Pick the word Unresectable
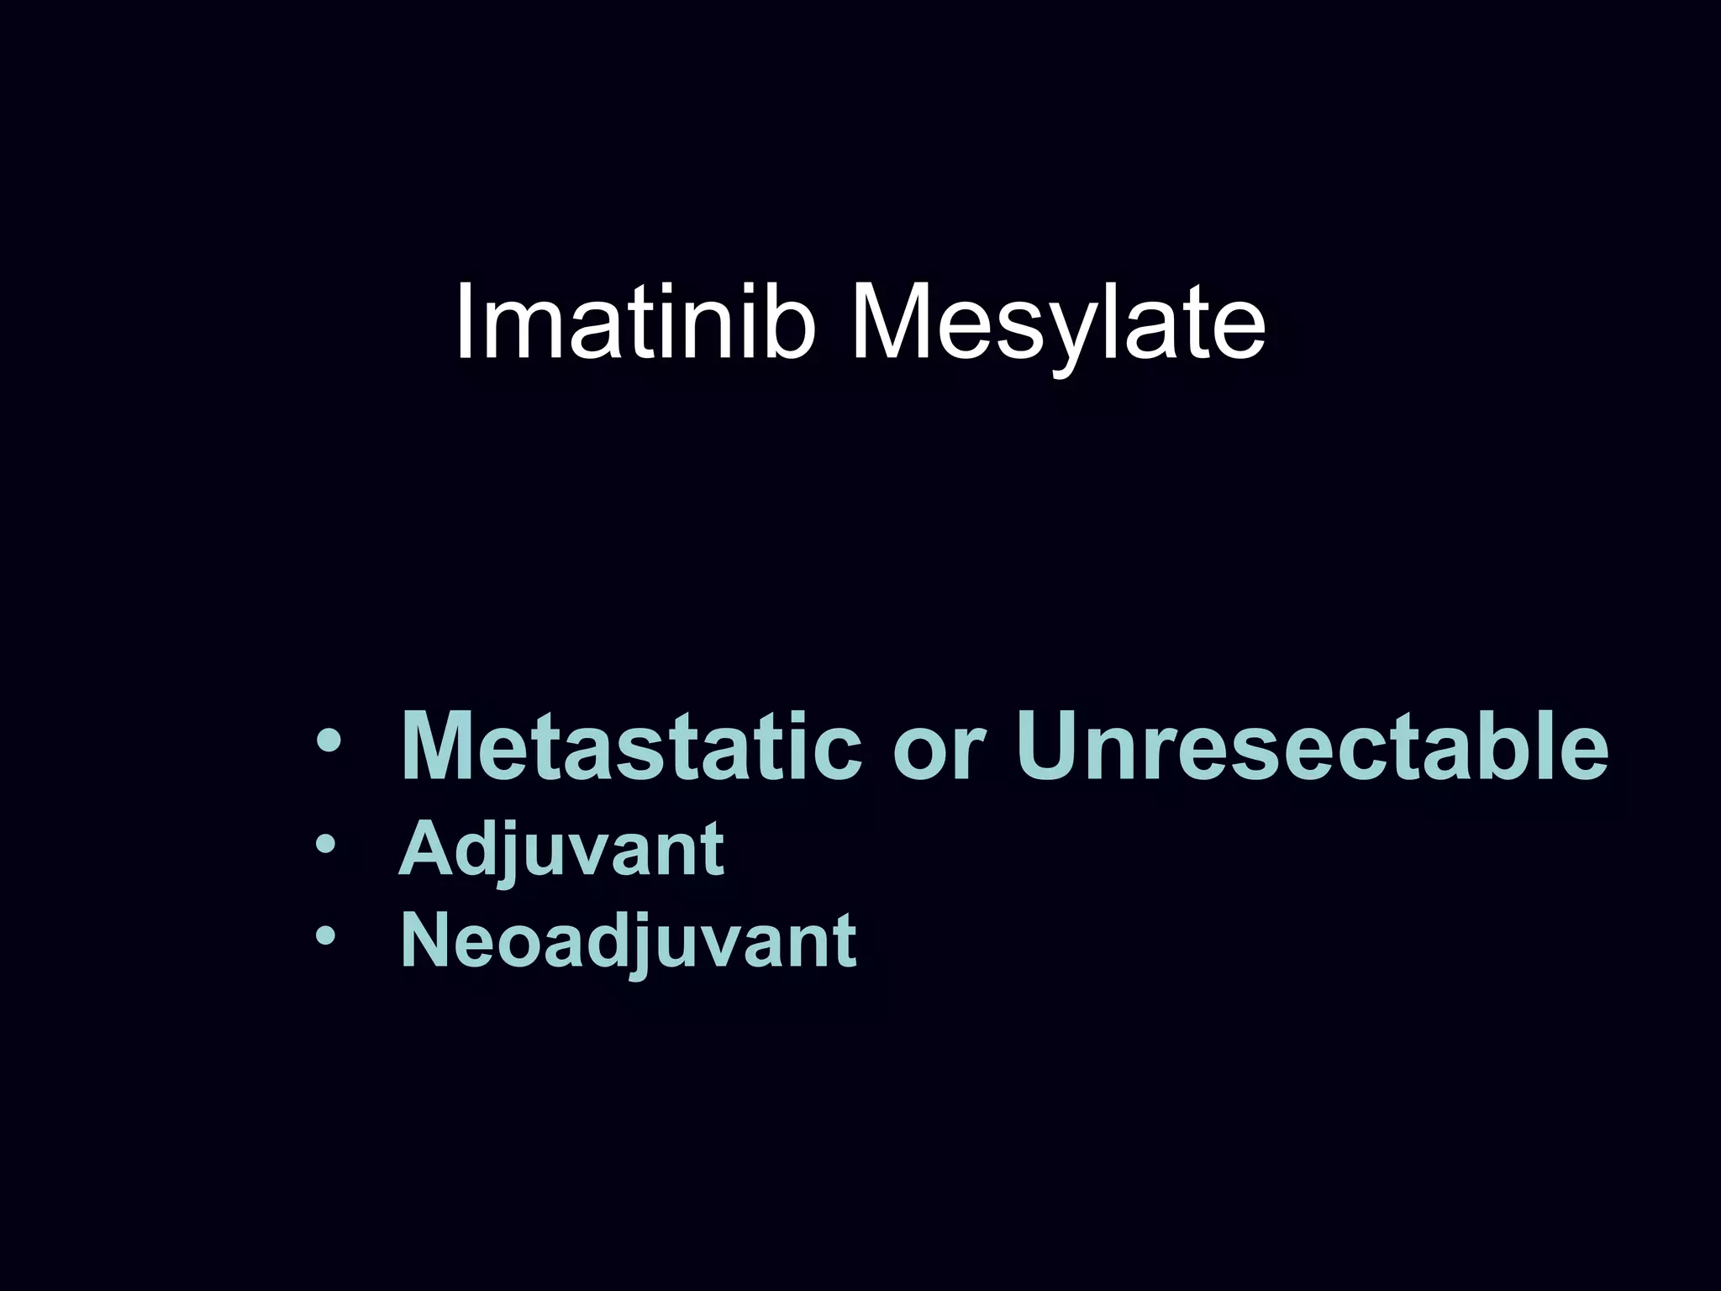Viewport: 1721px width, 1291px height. (1311, 746)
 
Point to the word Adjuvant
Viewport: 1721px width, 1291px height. (561, 851)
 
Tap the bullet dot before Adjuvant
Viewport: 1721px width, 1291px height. (325, 844)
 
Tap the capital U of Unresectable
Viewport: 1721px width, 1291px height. (1050, 746)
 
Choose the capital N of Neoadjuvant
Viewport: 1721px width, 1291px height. (429, 941)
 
